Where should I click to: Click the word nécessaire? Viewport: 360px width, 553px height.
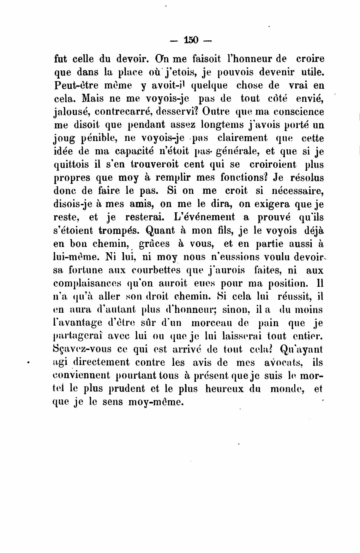(298, 191)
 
